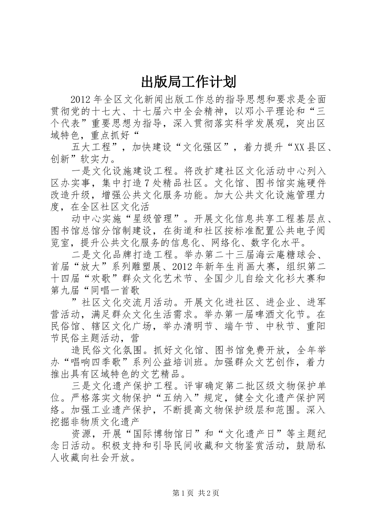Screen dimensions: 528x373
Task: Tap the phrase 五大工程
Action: (92, 148)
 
